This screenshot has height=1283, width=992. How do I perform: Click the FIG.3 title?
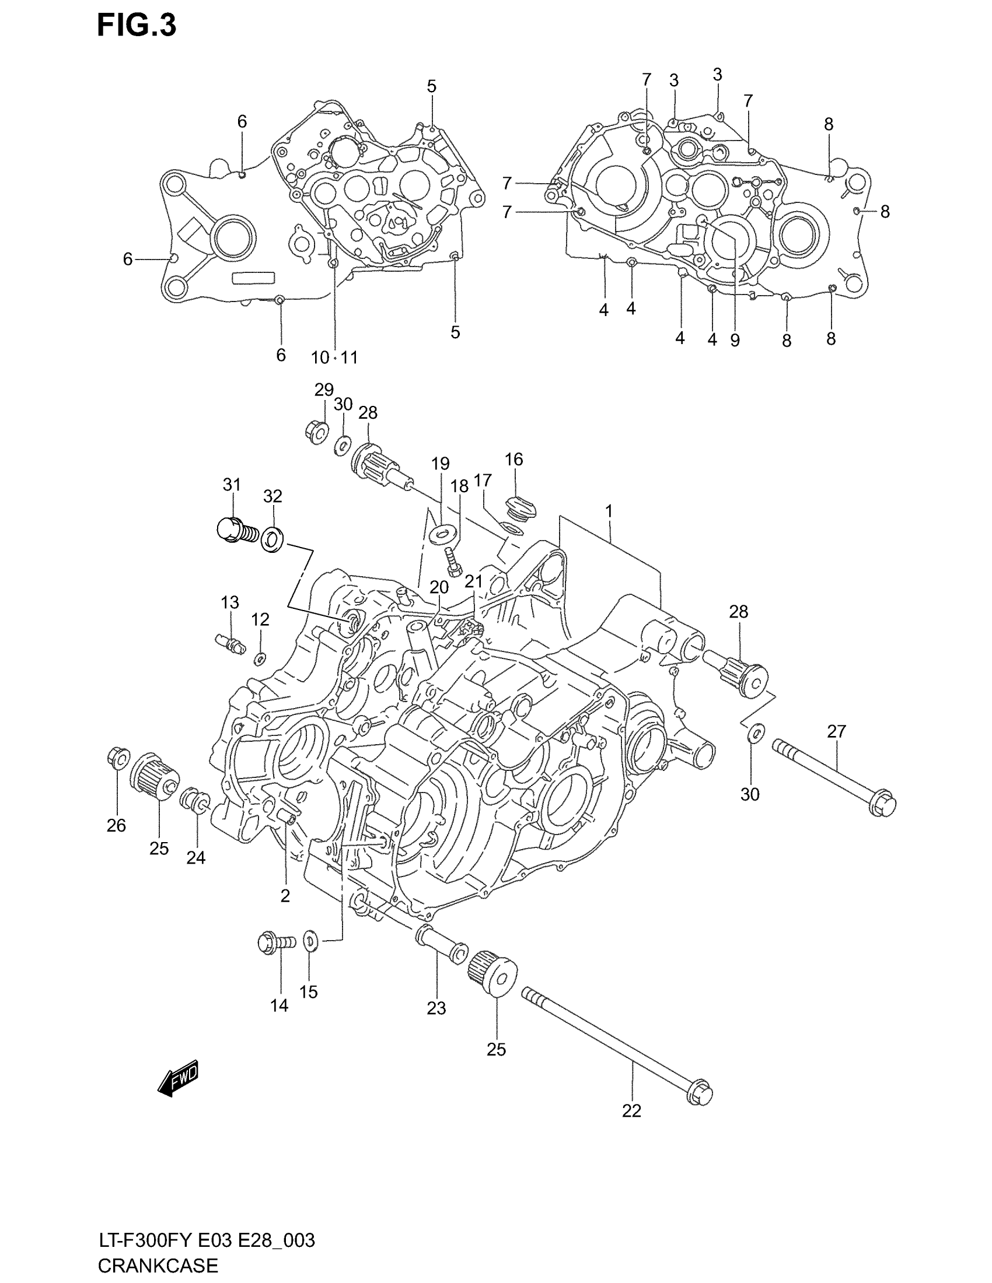click(x=137, y=26)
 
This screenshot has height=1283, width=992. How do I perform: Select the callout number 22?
click(x=631, y=1111)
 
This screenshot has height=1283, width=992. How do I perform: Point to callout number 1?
click(x=609, y=511)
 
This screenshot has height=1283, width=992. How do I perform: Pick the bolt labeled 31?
click(x=235, y=530)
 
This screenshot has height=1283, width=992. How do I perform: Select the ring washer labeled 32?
click(x=272, y=539)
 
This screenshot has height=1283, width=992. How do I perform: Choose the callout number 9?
click(x=735, y=340)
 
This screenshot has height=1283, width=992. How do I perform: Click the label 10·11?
click(x=334, y=357)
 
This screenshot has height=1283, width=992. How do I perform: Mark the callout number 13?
click(x=230, y=602)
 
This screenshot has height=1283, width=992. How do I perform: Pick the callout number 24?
click(x=195, y=858)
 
